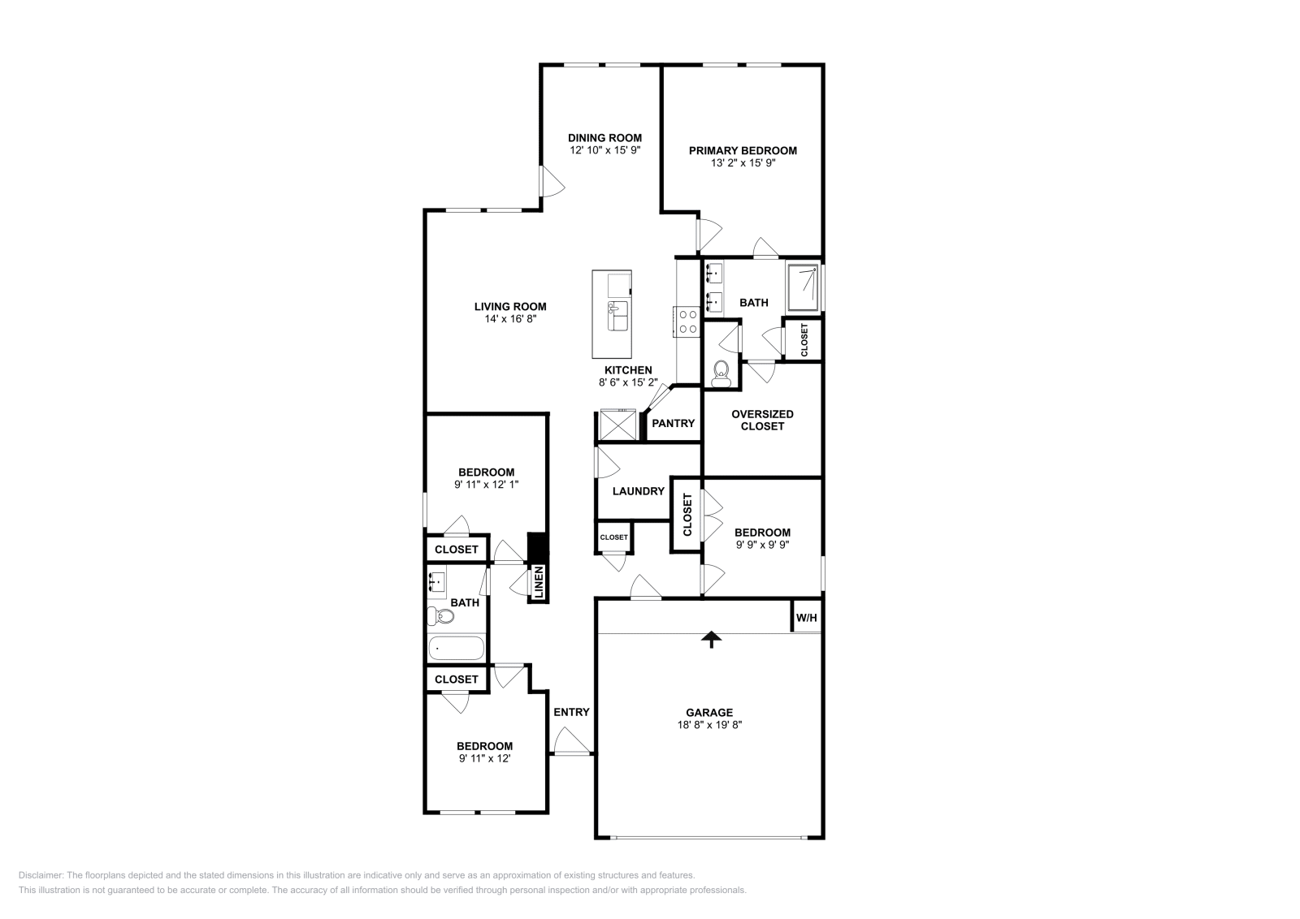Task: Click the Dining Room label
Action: pyautogui.click(x=604, y=138)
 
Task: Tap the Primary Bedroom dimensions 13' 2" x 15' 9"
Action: pyautogui.click(x=743, y=163)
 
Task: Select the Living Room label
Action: pyautogui.click(x=510, y=307)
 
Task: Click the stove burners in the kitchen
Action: pyautogui.click(x=687, y=321)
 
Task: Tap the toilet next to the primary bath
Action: pyautogui.click(x=720, y=374)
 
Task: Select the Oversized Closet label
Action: pyautogui.click(x=762, y=420)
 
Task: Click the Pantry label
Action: pyautogui.click(x=673, y=423)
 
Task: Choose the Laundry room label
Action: pyautogui.click(x=638, y=491)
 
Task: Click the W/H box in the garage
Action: pyautogui.click(x=806, y=619)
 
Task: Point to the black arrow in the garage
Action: pyautogui.click(x=712, y=640)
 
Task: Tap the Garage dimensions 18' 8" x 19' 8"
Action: pyautogui.click(x=710, y=726)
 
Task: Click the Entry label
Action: pyautogui.click(x=571, y=712)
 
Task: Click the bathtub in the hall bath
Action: pyautogui.click(x=456, y=649)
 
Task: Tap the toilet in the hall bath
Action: pyautogui.click(x=440, y=617)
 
